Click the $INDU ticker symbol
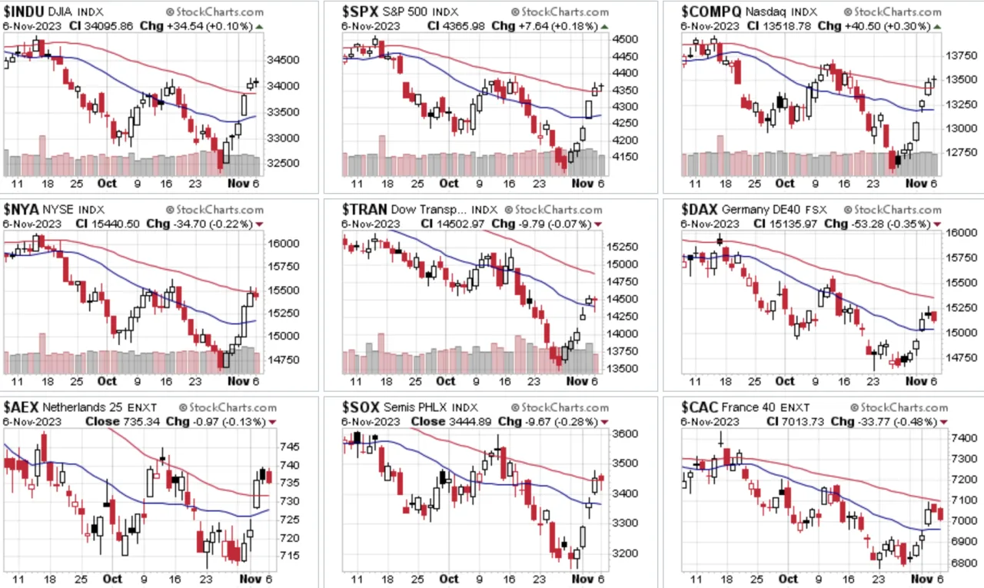coord(24,12)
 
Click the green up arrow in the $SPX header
coord(604,27)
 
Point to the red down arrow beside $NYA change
coord(260,224)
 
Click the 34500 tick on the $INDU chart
coord(283,60)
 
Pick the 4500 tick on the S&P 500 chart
coord(625,39)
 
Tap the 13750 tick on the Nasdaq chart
coord(961,56)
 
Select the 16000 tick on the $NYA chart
coord(283,244)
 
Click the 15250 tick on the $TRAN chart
coord(622,247)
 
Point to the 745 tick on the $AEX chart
coord(290,447)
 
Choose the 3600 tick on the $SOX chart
coord(625,434)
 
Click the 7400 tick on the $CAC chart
coord(964,438)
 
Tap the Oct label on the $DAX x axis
coord(785,380)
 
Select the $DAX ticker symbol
coord(700,210)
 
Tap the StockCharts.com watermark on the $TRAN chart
coord(553,210)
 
